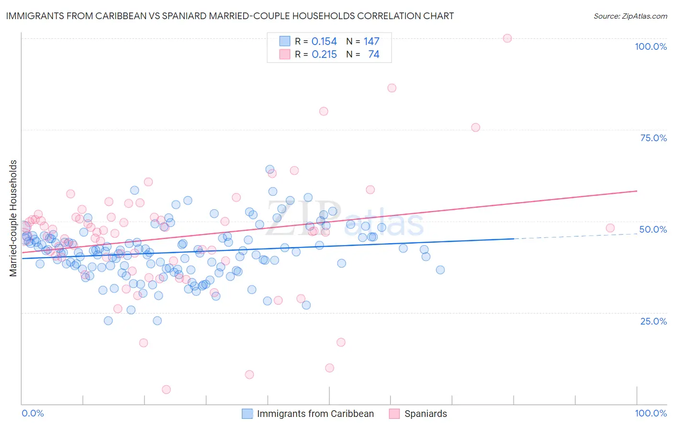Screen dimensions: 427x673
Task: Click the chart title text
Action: coord(230,16)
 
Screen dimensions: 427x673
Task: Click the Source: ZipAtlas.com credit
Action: coord(630,16)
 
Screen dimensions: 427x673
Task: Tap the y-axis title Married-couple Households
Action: coord(13,218)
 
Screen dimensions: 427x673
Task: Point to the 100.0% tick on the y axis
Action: coord(651,46)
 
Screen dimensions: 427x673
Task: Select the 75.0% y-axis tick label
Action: coord(653,138)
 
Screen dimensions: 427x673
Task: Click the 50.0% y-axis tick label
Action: coord(653,229)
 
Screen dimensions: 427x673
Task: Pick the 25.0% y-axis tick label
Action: coord(653,321)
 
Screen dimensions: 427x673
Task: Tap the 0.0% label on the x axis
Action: coord(33,413)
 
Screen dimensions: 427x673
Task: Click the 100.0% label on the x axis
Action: coord(651,413)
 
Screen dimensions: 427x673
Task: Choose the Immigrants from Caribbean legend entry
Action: coord(315,414)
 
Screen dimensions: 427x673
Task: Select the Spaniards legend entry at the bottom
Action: coord(426,414)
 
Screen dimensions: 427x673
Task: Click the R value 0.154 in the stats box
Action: coord(324,42)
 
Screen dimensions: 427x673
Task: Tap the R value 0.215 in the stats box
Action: coord(324,55)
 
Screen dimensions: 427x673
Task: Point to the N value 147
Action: coord(371,42)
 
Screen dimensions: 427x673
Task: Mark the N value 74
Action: coord(373,55)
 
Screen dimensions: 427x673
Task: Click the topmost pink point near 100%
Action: coord(507,38)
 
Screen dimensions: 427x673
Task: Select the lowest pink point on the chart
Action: coord(166,390)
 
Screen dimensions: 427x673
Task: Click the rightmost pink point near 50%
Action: coord(610,228)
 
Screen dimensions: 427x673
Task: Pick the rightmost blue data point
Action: coord(440,270)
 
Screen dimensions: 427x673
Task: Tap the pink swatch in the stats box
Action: coord(285,55)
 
